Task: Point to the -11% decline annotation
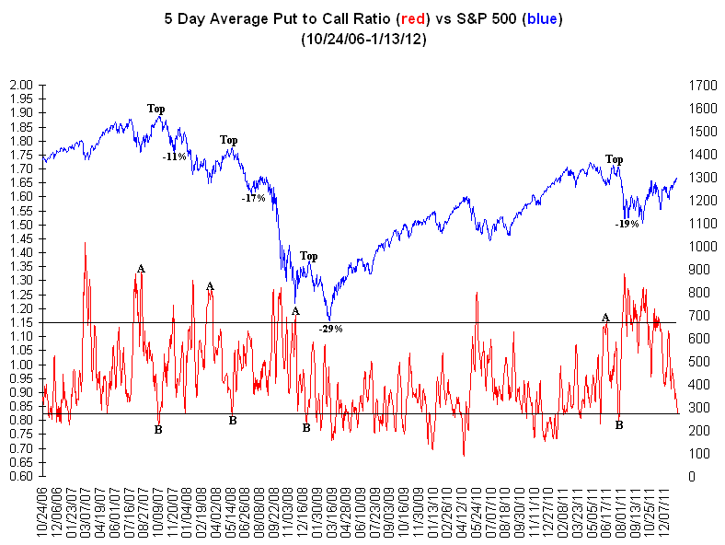[x=174, y=157]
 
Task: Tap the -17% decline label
[x=253, y=197]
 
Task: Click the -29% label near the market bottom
[x=330, y=328]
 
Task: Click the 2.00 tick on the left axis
[x=19, y=85]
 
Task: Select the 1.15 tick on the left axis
[x=19, y=322]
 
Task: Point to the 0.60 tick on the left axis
[x=19, y=476]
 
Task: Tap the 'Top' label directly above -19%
[x=614, y=159]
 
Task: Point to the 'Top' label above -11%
[x=156, y=109]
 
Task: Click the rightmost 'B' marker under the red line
[x=619, y=425]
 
